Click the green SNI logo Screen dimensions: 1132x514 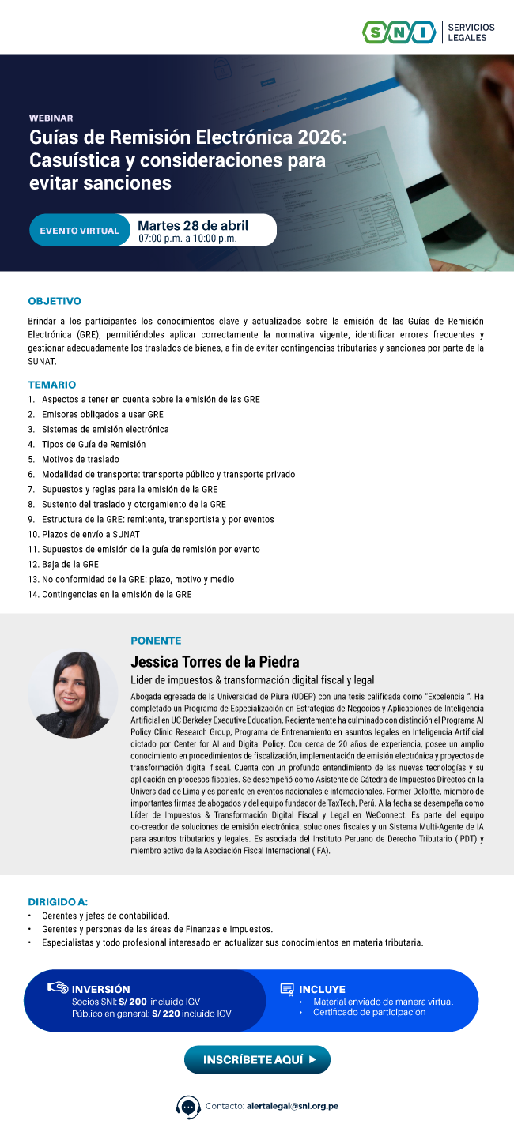[x=399, y=32]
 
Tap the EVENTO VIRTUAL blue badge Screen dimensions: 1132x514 [x=79, y=231]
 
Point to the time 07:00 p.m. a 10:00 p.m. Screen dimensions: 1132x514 [x=187, y=238]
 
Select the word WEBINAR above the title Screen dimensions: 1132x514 [x=51, y=118]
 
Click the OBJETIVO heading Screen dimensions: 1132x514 [x=55, y=301]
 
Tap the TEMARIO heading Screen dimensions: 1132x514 [x=52, y=385]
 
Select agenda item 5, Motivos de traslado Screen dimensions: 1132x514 [x=80, y=459]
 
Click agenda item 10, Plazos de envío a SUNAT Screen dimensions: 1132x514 [x=90, y=534]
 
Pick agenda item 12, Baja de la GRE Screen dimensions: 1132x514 [x=70, y=564]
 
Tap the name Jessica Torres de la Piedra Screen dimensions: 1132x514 [x=214, y=661]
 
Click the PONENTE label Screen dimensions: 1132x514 [x=156, y=641]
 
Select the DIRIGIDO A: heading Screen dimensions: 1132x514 [x=58, y=901]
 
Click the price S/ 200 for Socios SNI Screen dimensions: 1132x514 [x=132, y=1002]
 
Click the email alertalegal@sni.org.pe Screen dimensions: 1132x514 [x=292, y=1106]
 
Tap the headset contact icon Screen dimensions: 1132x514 [x=188, y=1106]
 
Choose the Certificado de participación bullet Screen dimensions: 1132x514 [x=368, y=1013]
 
